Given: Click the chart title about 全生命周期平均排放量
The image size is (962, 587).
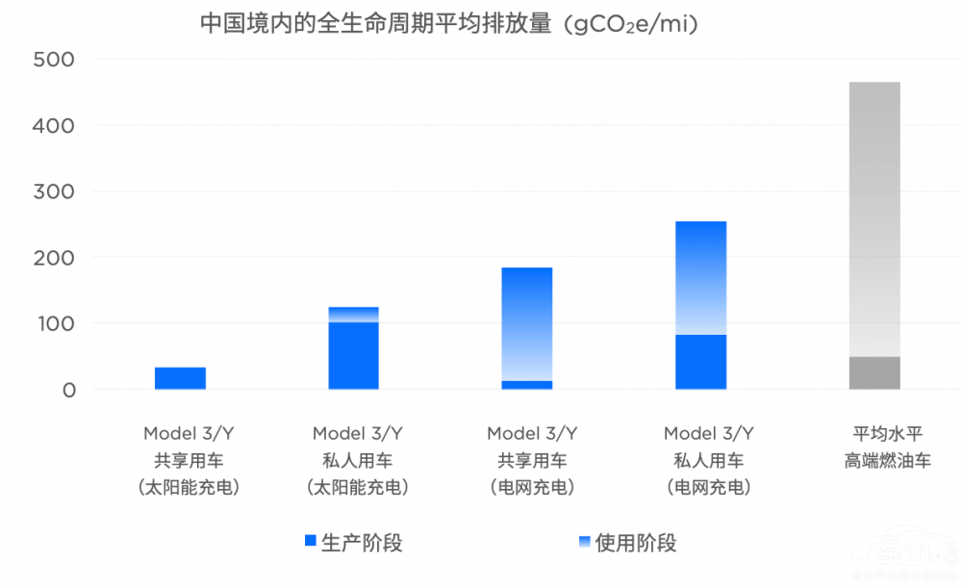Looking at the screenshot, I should (448, 23).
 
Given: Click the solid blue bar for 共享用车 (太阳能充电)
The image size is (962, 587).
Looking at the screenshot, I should (180, 378).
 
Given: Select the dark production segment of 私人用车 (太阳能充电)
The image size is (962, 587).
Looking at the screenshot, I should (354, 355).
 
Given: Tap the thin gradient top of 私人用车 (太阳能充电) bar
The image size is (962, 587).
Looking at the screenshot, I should (354, 315).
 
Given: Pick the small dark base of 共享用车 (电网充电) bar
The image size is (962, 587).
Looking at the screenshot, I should (527, 385).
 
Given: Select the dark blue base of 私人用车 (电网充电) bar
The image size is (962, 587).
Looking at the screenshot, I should (700, 362).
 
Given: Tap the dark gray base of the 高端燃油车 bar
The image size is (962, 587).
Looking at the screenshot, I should (874, 373).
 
